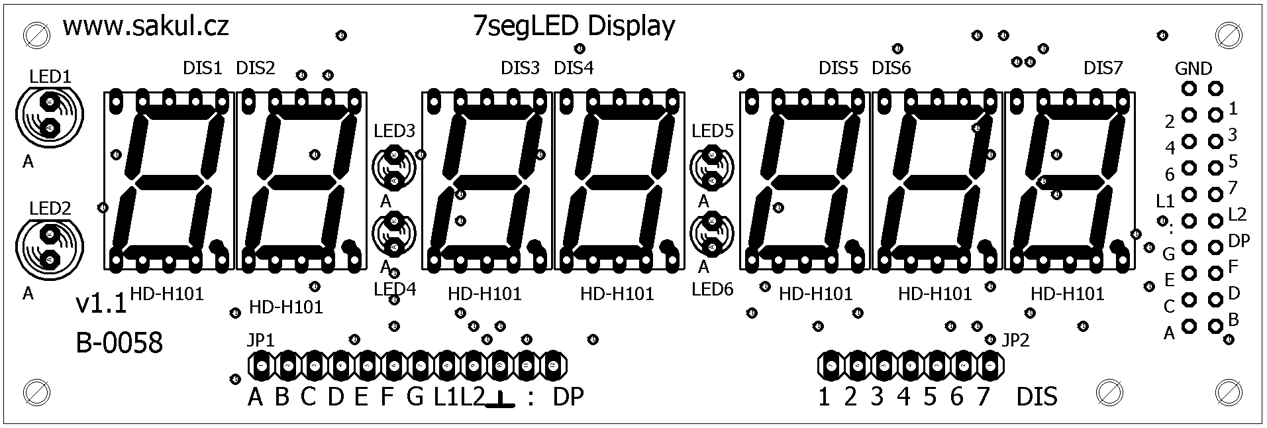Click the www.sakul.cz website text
click(x=146, y=27)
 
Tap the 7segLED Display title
click(x=575, y=27)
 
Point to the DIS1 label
click(x=203, y=68)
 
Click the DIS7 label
click(x=1103, y=68)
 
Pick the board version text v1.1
click(x=101, y=304)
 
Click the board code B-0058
click(x=119, y=344)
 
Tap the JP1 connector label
click(x=260, y=341)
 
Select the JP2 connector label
click(x=1016, y=341)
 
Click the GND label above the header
click(x=1193, y=68)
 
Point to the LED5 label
click(x=713, y=131)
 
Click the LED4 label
click(x=395, y=289)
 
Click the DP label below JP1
click(x=568, y=397)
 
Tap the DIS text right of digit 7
click(x=1037, y=397)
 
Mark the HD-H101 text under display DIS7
click(x=1068, y=293)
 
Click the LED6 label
click(x=713, y=289)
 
